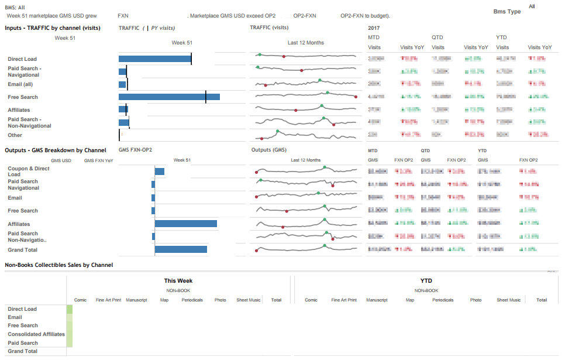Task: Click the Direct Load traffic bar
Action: click(x=155, y=59)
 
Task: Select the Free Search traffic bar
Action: click(x=169, y=97)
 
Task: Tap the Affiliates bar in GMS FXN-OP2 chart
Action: click(x=186, y=224)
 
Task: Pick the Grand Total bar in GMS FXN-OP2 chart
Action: click(x=181, y=249)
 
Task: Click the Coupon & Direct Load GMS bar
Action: click(x=160, y=172)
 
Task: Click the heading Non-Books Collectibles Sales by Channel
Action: click(x=58, y=265)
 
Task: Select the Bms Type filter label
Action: click(x=506, y=12)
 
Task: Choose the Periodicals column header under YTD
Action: click(x=443, y=300)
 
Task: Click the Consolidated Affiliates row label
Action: click(x=36, y=334)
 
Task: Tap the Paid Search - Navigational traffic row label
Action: click(x=25, y=71)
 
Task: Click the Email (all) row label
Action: click(x=20, y=84)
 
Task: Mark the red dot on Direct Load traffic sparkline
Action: click(x=284, y=56)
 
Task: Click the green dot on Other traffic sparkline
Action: click(x=278, y=131)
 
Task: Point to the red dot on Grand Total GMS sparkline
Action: click(x=256, y=251)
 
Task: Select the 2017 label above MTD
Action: click(x=374, y=28)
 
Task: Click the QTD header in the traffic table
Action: click(x=437, y=37)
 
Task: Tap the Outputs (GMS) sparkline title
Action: click(x=269, y=150)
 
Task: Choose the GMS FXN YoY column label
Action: click(x=99, y=160)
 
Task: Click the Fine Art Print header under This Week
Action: click(x=108, y=300)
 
